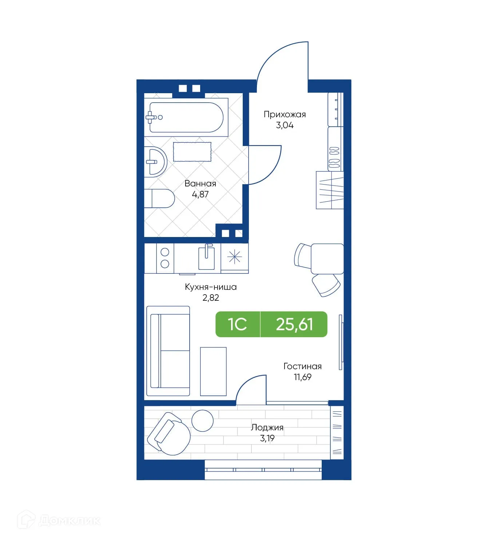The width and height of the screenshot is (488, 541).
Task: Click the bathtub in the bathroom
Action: coord(186,117)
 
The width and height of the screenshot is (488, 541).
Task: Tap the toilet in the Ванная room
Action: coord(160,198)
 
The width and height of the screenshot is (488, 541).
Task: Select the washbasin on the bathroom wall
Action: coord(156,162)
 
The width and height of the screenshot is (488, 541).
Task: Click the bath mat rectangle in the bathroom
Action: coord(192,152)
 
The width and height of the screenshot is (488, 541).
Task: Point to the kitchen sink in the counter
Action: coord(206,258)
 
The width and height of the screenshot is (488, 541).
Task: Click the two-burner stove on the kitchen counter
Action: coord(165,258)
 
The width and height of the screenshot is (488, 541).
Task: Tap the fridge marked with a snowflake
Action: coord(234,258)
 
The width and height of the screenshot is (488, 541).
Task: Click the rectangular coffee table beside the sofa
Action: coord(213,371)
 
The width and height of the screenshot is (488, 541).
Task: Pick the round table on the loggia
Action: coord(202,420)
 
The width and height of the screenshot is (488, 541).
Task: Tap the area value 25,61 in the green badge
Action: coord(294,324)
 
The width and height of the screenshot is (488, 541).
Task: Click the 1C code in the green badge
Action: coord(237,324)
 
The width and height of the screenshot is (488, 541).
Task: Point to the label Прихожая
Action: coord(285,114)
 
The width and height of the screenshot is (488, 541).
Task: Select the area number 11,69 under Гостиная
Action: coord(302,377)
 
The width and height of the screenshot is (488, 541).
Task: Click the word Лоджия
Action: coord(267,427)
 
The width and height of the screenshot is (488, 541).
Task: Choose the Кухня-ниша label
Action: coord(211,287)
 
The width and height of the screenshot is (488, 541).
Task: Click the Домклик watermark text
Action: coord(70,521)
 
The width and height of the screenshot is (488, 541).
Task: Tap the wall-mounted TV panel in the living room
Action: coord(341,342)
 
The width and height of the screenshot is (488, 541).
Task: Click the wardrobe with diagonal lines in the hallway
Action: coord(330,190)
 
